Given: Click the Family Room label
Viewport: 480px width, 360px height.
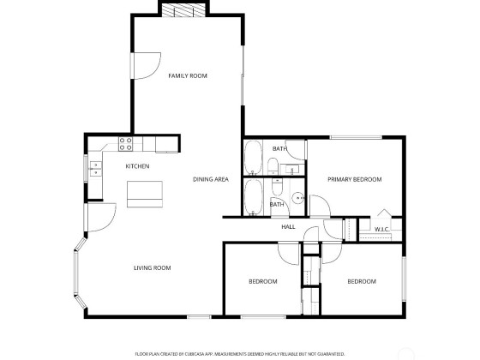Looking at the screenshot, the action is pos(188,75).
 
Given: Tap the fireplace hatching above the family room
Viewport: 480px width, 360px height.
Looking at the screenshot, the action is pos(183,10).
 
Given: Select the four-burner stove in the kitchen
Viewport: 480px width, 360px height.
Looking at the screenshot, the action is pos(125,144).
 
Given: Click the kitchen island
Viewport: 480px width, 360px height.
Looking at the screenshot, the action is pos(145,194).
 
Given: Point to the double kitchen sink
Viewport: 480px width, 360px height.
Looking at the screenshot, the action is pos(95,169).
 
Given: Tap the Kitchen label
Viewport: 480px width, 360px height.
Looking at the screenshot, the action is pos(137,166).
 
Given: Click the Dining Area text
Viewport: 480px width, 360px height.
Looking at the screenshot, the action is pos(211,179).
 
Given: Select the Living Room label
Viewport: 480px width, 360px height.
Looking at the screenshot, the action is pos(153,267).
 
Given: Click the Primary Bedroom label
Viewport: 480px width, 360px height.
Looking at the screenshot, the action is pos(355,179).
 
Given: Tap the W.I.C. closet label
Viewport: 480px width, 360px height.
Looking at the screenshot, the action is pos(381,229).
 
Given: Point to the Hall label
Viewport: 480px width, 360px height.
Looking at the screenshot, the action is pos(288,227).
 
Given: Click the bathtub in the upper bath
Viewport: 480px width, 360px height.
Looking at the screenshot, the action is pos(253,158).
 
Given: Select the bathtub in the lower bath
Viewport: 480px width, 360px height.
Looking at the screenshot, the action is pos(253,197).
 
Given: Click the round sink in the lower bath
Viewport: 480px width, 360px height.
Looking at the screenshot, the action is pos(297,198).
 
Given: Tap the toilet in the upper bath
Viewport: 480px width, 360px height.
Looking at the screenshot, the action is pos(273,165).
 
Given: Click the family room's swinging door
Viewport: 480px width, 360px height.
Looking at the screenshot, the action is pos(146,66).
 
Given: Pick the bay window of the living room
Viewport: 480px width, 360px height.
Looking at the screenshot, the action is pos(79,273).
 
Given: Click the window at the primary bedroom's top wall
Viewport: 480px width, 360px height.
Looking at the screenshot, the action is pos(356,137).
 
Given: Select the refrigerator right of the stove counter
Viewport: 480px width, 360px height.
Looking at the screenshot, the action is pos(166,145).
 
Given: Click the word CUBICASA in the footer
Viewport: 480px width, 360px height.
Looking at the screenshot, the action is pos(192,354).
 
